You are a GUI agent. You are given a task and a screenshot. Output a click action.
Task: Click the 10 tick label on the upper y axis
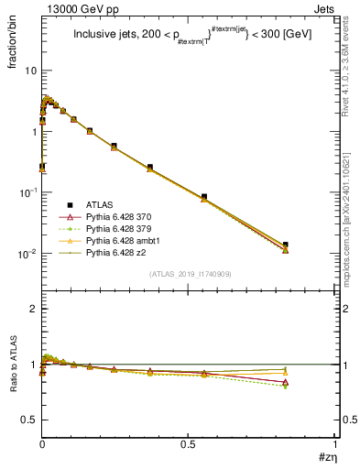click(29, 71)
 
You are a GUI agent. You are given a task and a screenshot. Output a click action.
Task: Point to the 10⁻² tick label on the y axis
click(27, 254)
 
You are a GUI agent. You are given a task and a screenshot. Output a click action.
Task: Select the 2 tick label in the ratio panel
click(32, 309)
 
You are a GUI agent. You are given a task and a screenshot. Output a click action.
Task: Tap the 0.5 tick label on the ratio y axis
click(28, 420)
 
